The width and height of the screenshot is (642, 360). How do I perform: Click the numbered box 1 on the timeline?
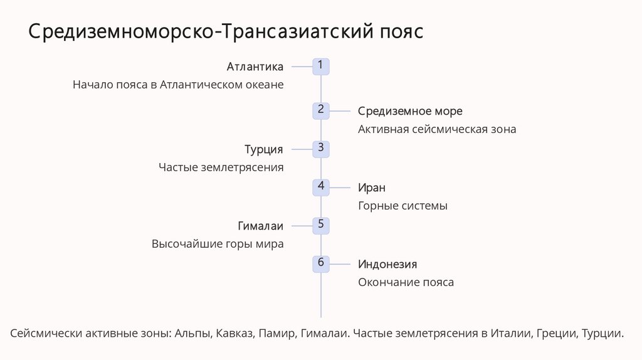(321, 66)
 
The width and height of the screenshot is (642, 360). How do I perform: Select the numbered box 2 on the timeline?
(321, 110)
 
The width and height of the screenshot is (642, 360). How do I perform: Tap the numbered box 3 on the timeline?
(321, 149)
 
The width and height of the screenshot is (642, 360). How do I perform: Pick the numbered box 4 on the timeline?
(321, 187)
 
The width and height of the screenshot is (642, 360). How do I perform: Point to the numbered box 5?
(321, 225)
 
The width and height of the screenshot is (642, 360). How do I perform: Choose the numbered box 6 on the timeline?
(321, 263)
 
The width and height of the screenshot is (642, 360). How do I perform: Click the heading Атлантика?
(255, 66)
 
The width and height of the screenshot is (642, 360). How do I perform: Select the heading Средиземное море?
(410, 111)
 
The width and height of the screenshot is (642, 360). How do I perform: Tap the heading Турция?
(264, 149)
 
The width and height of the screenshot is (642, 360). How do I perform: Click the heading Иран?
(371, 188)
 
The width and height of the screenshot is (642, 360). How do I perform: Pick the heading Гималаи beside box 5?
(261, 226)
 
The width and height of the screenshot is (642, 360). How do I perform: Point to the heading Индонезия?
(387, 264)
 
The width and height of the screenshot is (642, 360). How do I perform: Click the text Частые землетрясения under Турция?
(221, 167)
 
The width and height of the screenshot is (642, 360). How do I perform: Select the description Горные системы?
(403, 206)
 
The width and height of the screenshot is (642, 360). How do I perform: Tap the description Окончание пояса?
(406, 282)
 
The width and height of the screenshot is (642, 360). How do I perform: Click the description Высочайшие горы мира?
(218, 244)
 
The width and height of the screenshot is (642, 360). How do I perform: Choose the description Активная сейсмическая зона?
(437, 129)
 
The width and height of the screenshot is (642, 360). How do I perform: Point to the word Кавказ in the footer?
(234, 334)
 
